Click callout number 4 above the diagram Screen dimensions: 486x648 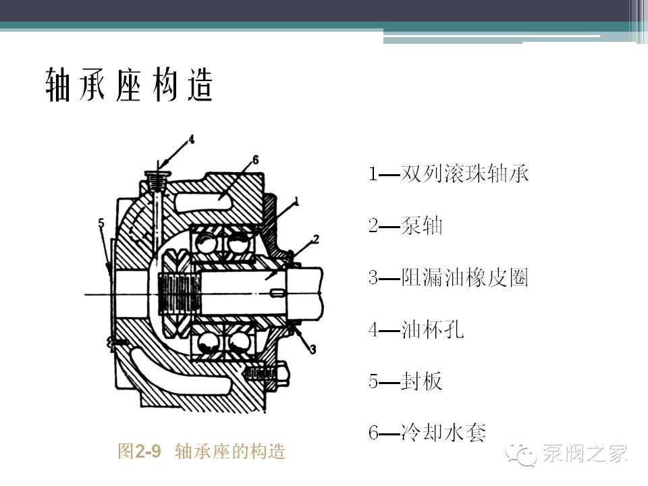coord(191,140)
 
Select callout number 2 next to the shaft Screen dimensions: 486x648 coord(315,239)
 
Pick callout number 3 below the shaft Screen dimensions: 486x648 coord(313,348)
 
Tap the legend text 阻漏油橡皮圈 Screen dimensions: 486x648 coord(464,277)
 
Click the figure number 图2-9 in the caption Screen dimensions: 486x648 coord(140,451)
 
